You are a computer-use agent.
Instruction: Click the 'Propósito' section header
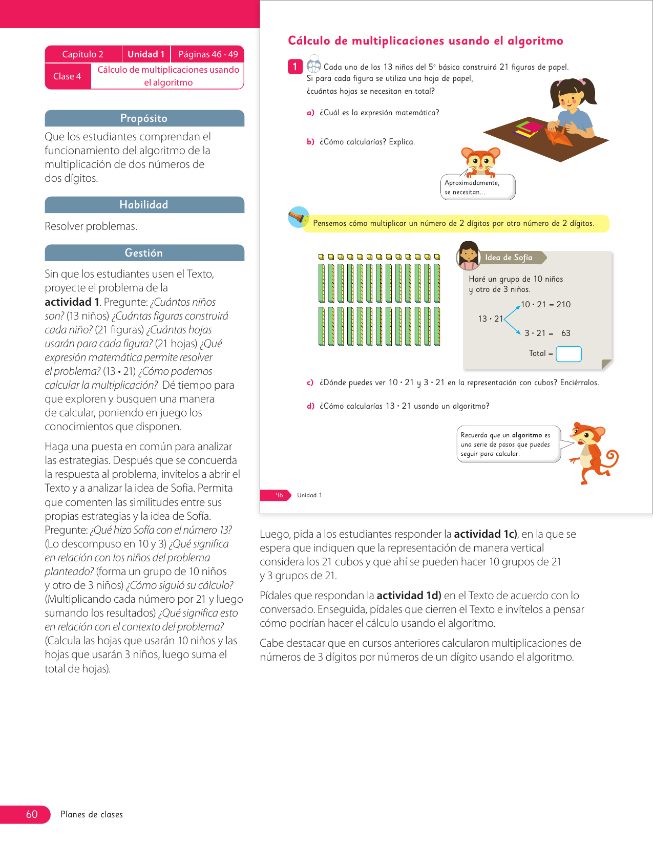144,118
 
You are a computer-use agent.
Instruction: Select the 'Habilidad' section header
144,205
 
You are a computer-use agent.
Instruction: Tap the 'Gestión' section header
144,253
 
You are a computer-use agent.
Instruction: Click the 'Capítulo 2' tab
83,54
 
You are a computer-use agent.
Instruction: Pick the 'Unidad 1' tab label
146,54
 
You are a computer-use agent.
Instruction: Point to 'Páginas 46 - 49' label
208,54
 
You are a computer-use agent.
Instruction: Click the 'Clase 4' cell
67,76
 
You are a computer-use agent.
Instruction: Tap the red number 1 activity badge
295,67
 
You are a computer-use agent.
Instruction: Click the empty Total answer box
568,354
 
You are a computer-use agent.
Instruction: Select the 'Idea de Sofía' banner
509,258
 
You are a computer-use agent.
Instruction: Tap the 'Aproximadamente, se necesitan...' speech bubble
477,187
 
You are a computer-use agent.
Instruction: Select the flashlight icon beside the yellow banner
298,218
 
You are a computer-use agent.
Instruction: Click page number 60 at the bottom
32,814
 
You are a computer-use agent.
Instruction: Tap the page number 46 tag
279,495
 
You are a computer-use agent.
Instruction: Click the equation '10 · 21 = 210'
546,304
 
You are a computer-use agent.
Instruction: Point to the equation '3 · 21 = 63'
547,333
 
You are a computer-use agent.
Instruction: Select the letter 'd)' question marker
310,406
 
